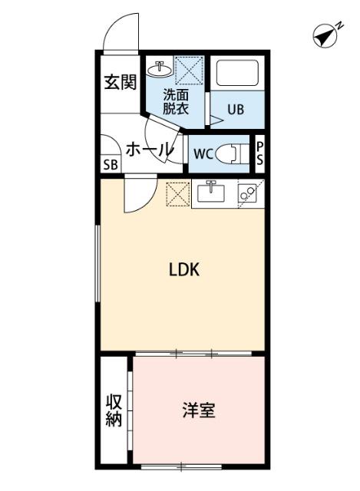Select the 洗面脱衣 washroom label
click(175, 102)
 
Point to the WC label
click(202, 153)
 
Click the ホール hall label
click(148, 150)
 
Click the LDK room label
click(184, 270)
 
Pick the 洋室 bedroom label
click(198, 411)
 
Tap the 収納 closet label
click(114, 410)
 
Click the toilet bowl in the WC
click(231, 153)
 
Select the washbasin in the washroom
click(161, 70)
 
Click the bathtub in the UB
click(239, 74)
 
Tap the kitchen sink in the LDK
click(211, 192)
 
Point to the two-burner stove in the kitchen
click(249, 193)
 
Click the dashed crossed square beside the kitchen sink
click(178, 193)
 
